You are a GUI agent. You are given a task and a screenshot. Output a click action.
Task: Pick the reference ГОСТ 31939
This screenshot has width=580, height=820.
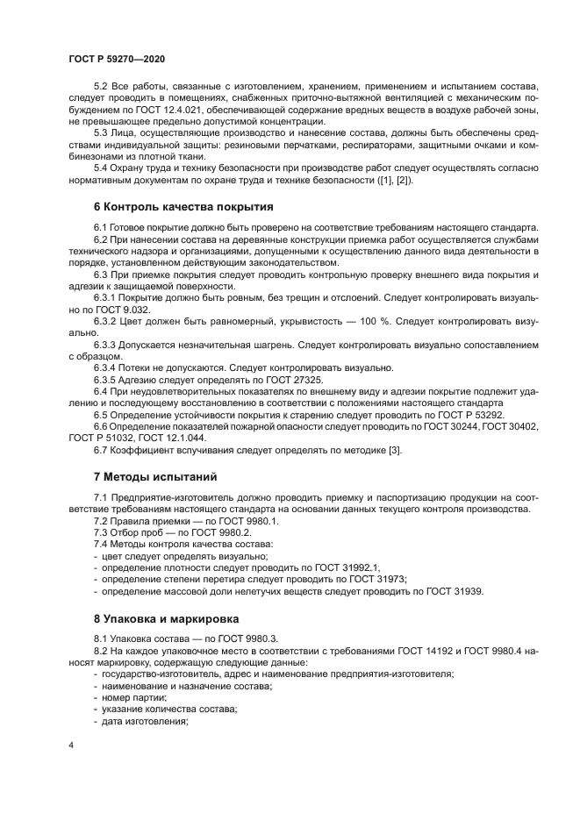click(453, 590)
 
